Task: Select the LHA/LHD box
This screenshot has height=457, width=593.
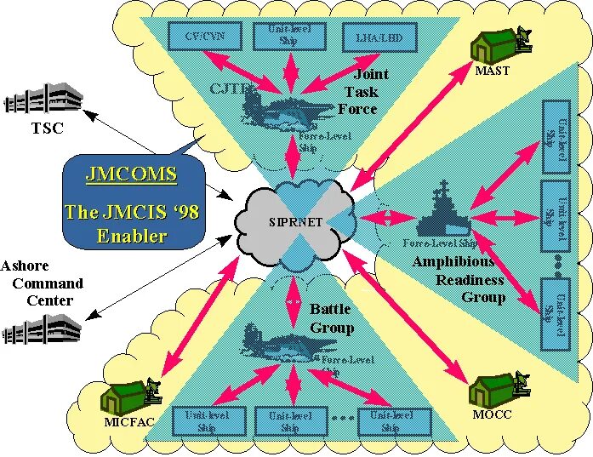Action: click(379, 37)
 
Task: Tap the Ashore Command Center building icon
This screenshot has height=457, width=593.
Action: click(41, 328)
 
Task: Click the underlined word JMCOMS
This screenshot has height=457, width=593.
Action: click(131, 175)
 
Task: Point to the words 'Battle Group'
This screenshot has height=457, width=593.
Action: click(332, 318)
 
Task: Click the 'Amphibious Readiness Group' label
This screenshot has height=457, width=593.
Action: click(459, 279)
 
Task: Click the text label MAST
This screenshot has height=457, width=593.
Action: click(493, 71)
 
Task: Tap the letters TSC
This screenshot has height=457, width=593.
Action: click(48, 129)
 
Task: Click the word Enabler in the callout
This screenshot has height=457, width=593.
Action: click(131, 236)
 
